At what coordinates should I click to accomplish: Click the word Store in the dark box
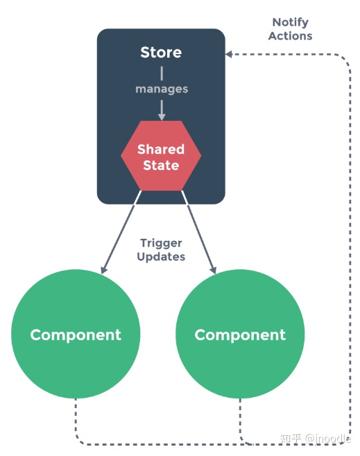coord(161,53)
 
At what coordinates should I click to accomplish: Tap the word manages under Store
coord(161,89)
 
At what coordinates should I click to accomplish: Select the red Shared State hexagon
coord(161,157)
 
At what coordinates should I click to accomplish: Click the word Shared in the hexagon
coord(161,149)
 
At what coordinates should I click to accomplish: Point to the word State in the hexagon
coord(161,166)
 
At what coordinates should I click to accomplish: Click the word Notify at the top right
coord(290,22)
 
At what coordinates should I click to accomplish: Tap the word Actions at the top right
coord(290,36)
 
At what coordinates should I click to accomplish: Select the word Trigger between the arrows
coord(161,243)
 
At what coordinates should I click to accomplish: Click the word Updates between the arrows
coord(161,257)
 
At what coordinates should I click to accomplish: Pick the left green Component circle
coord(76,335)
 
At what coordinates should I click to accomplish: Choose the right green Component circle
coord(240,335)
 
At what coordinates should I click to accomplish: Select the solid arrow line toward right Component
coord(198,232)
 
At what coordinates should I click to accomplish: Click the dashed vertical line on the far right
coord(349,243)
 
